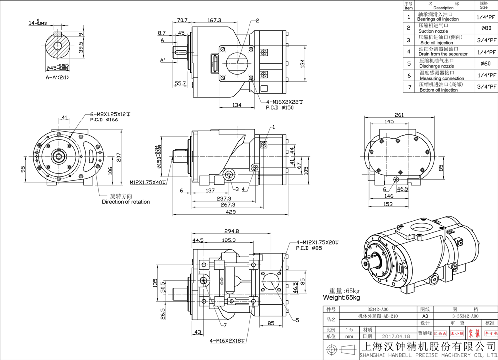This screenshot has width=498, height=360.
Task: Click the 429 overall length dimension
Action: tap(230, 212)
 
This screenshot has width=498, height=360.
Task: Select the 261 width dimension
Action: tap(399, 115)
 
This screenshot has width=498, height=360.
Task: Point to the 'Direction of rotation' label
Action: tap(125, 202)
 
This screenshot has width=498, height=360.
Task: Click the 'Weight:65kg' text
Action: tap(341, 297)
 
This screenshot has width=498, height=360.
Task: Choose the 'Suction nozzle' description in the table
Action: tap(433, 31)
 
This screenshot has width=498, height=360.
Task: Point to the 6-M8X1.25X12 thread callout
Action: tap(108, 114)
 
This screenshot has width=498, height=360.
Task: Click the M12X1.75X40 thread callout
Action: tap(148, 182)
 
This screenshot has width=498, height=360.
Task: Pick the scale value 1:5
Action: tap(351, 330)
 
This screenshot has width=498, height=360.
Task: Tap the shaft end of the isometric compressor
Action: tap(367, 263)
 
